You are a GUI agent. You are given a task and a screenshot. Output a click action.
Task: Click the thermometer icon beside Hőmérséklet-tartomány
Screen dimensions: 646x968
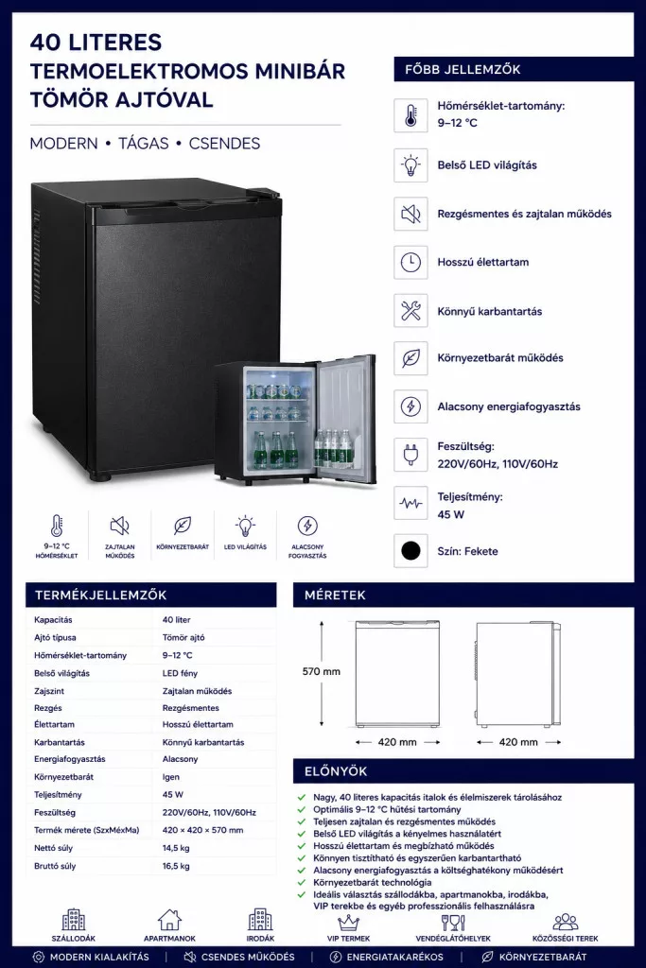click(410, 115)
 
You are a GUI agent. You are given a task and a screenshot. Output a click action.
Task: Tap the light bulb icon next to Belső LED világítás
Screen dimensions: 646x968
click(410, 164)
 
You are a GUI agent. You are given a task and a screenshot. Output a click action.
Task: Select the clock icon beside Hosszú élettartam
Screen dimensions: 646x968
click(410, 263)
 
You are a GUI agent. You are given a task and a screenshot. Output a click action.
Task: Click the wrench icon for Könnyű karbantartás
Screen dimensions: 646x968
click(410, 310)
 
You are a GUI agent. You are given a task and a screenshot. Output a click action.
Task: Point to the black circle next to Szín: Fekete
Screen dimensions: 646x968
click(410, 551)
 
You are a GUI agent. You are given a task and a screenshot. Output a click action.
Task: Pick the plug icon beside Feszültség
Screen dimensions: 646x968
click(410, 455)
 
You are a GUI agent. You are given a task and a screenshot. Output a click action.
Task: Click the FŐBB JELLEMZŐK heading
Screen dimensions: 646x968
click(463, 70)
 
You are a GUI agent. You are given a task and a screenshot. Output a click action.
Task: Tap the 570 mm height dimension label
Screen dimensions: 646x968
click(322, 672)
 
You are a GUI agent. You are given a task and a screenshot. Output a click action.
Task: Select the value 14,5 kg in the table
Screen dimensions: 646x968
click(176, 848)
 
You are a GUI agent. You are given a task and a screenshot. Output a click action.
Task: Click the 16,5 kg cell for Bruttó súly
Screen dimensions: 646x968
click(176, 866)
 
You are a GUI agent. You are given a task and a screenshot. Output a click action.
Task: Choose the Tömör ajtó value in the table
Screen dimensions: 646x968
click(183, 638)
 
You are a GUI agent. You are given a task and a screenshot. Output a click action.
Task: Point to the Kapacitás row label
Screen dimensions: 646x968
click(53, 620)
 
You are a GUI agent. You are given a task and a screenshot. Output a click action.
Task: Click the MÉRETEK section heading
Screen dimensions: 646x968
click(335, 596)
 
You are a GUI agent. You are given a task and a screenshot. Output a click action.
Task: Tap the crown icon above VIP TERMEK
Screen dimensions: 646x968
click(348, 923)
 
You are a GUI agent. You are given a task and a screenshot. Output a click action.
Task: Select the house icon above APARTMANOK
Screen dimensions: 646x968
click(169, 920)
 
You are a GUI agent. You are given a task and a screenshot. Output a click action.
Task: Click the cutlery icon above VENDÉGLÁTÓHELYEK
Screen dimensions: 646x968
click(453, 923)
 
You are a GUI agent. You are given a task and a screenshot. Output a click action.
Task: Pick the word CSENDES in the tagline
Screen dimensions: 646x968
click(224, 144)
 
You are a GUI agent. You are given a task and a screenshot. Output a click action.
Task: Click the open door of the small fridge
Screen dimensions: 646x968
click(346, 419)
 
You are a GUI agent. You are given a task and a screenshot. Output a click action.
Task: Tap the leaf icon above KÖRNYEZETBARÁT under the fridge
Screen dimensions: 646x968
click(183, 526)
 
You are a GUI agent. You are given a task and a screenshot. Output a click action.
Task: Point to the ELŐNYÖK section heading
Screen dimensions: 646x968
click(336, 771)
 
